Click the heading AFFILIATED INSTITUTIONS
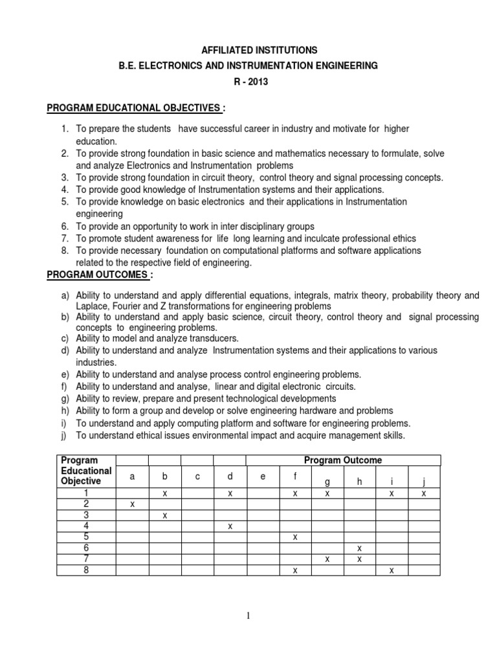pyautogui.click(x=248, y=49)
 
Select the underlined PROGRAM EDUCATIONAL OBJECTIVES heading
pyautogui.click(x=136, y=107)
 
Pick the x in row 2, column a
pyautogui.click(x=132, y=504)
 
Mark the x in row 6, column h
pyautogui.click(x=359, y=548)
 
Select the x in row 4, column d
pyautogui.click(x=230, y=526)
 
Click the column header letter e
pyautogui.click(x=262, y=477)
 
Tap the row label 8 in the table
pyautogui.click(x=83, y=570)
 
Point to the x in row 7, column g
pyautogui.click(x=327, y=559)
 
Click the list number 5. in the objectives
pyautogui.click(x=65, y=202)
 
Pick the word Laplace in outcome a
pyautogui.click(x=92, y=306)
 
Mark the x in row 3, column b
pyautogui.click(x=164, y=515)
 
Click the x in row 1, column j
pyautogui.click(x=424, y=493)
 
